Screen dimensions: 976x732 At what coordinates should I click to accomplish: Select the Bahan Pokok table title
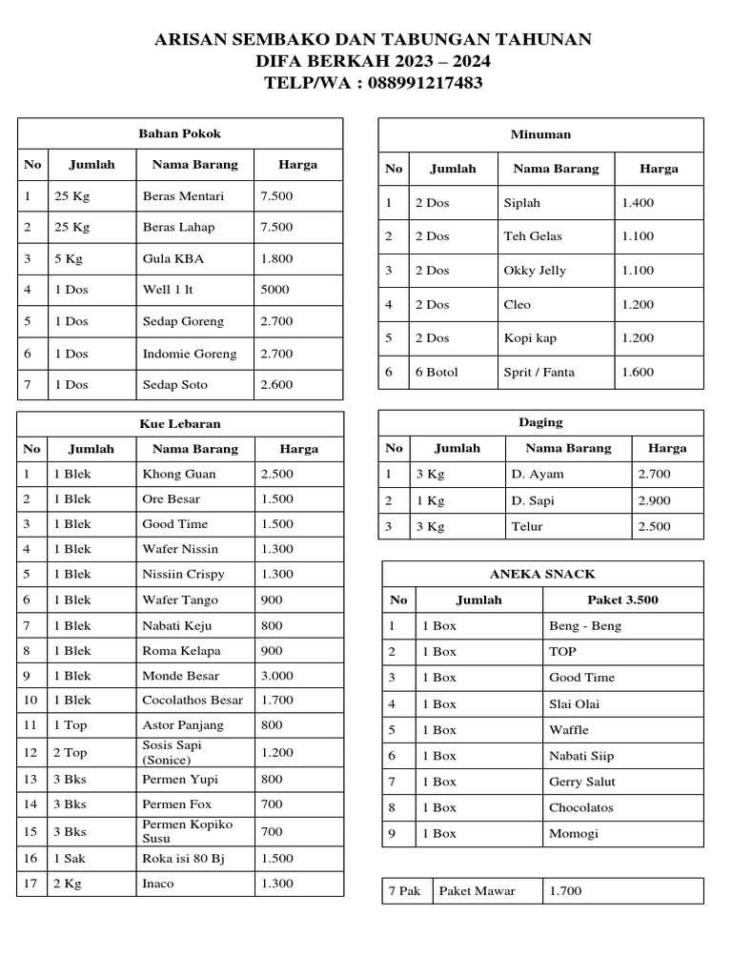pos(179,133)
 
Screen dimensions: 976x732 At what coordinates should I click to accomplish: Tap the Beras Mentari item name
pos(183,196)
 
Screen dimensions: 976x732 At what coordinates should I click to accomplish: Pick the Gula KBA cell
pos(173,258)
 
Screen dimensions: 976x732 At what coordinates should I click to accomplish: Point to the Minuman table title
pos(540,134)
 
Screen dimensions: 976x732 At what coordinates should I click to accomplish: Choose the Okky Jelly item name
pos(535,271)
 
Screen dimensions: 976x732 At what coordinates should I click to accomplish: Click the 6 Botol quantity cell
pos(437,373)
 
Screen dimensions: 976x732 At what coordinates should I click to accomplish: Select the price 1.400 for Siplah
pos(638,203)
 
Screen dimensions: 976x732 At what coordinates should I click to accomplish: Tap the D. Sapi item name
pos(533,500)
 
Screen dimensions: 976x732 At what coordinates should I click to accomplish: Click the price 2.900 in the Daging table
pos(654,500)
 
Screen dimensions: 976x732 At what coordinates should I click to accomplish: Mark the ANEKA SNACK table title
pos(541,574)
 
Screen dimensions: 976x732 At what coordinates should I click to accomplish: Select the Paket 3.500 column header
pos(622,600)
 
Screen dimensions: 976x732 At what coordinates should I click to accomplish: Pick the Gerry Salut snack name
pos(582,782)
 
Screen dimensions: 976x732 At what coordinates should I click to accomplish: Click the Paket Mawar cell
pos(477,891)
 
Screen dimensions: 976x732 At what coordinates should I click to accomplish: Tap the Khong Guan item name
pos(179,474)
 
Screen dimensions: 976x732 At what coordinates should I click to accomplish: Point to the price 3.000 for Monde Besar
pos(276,676)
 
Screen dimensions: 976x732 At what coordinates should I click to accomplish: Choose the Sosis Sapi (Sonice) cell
pos(172,752)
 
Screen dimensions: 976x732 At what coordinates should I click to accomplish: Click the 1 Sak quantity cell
pos(70,858)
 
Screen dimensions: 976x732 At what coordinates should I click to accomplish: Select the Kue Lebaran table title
pos(179,423)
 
